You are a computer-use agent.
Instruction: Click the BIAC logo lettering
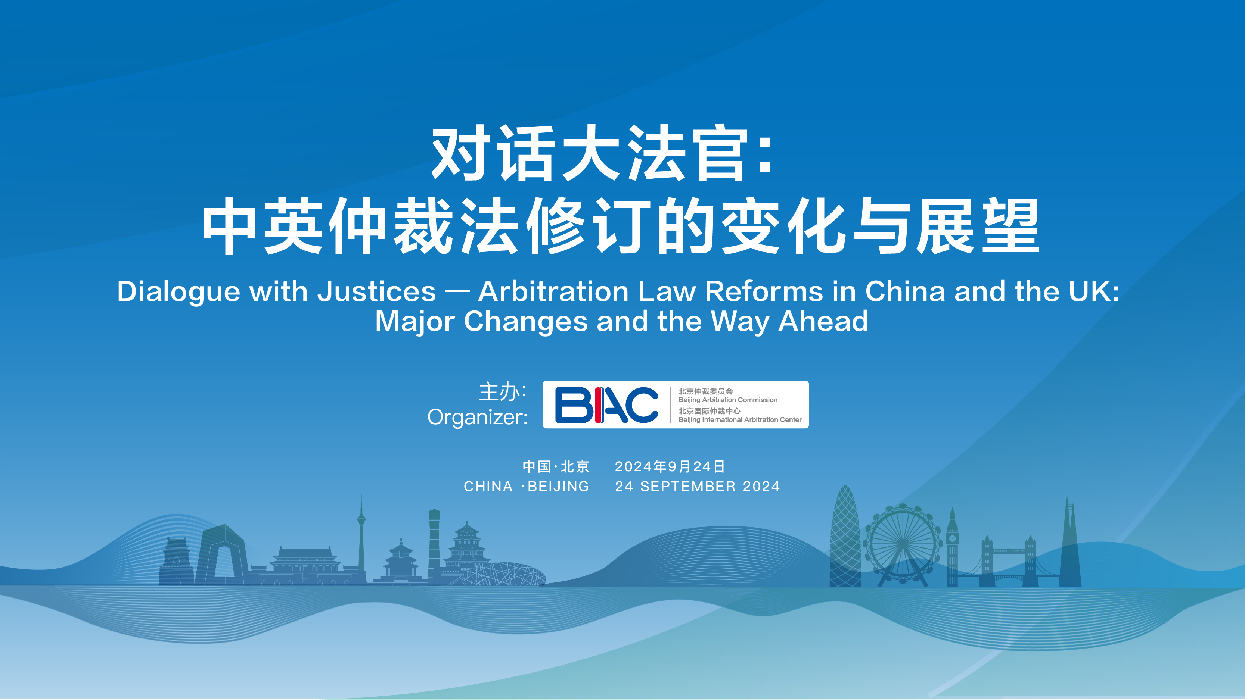coord(606,405)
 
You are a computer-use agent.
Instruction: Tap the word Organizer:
coord(478,418)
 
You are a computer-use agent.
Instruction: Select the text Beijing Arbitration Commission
coord(728,400)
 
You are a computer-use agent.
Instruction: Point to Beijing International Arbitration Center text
coord(740,420)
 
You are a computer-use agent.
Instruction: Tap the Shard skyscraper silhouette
coord(1069,541)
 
